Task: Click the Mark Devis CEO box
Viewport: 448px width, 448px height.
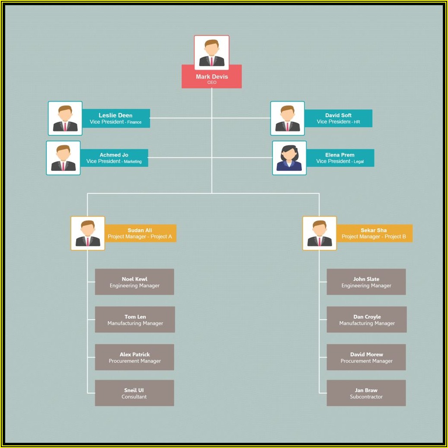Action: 211,77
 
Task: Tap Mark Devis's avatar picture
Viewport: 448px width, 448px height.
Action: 211,52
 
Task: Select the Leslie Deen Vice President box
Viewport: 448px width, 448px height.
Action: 116,118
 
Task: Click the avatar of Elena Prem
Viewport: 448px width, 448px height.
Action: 289,158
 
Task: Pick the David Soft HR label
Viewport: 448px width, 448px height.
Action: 338,118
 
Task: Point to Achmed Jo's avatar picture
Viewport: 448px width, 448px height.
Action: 63,158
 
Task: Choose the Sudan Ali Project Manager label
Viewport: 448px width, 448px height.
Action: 140,234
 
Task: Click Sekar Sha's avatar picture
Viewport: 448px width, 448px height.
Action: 320,234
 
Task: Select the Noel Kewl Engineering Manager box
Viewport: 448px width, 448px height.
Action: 134,282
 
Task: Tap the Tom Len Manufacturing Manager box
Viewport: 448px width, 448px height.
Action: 135,320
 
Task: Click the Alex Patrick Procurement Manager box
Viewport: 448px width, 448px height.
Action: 134,357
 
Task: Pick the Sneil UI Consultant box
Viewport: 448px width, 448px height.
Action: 134,393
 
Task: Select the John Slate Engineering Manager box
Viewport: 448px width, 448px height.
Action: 366,282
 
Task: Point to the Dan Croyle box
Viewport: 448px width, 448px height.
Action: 367,320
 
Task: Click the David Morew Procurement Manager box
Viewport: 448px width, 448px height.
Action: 366,357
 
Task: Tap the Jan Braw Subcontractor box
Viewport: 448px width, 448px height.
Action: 366,393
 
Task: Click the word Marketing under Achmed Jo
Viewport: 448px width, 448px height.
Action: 133,162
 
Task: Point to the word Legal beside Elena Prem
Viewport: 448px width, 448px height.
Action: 358,162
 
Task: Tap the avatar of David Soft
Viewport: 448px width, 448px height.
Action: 288,118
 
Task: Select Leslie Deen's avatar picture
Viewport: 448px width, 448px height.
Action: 65,118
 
